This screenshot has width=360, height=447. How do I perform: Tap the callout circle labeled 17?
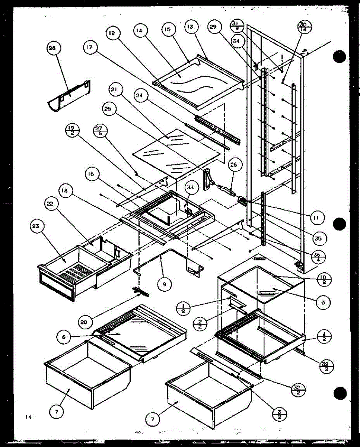pos(90,48)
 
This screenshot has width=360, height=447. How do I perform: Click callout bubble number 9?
pos(164,285)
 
